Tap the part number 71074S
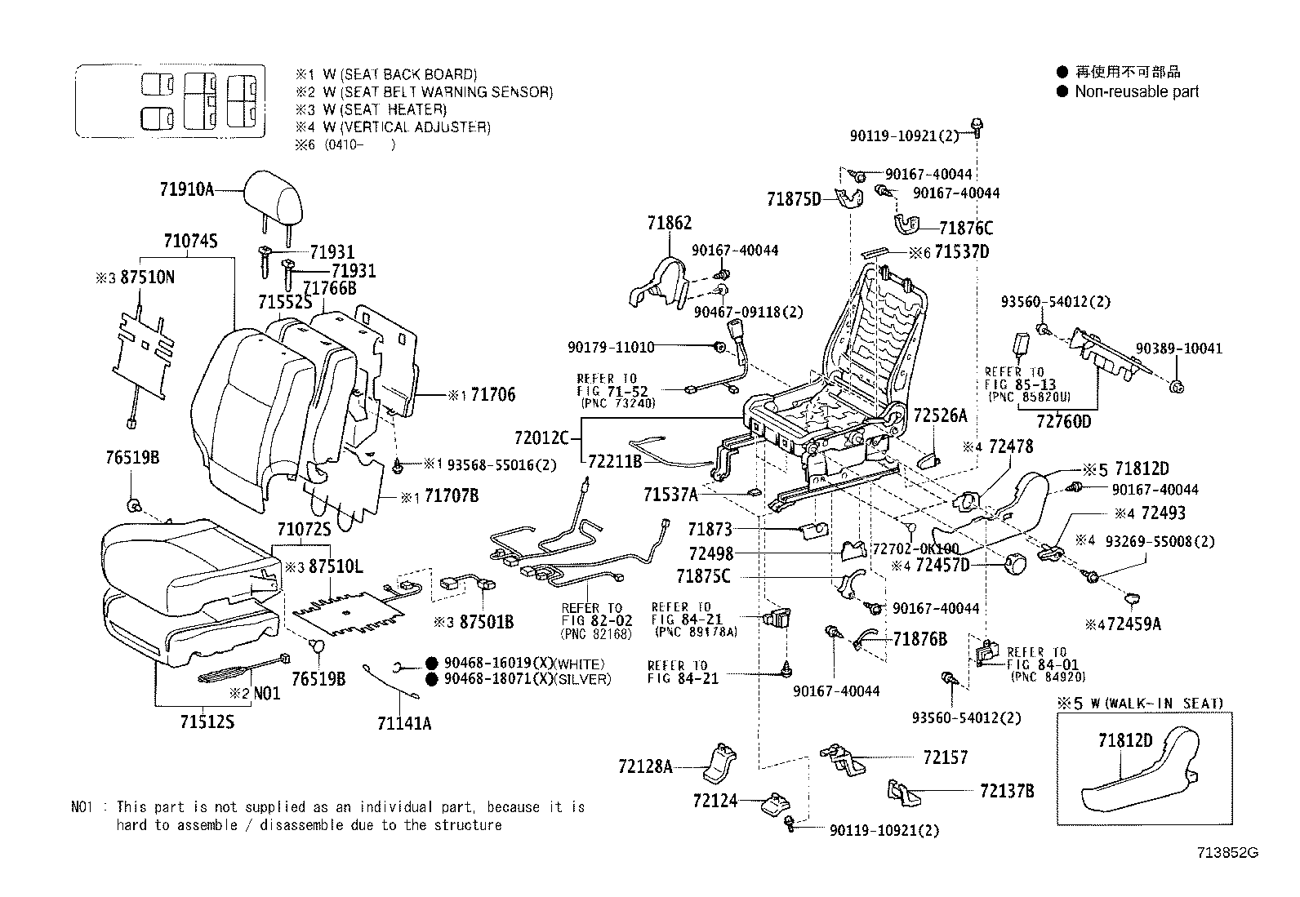(x=189, y=241)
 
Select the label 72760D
(x=1063, y=421)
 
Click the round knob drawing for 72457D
(x=1017, y=563)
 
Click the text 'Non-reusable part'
(x=1136, y=91)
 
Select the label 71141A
(x=404, y=722)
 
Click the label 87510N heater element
(x=146, y=278)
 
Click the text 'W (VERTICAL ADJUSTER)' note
(x=406, y=127)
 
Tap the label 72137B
(x=1007, y=790)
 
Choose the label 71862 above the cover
(x=669, y=222)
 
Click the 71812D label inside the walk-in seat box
(x=1124, y=740)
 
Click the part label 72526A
(x=939, y=415)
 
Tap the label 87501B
(x=487, y=622)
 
